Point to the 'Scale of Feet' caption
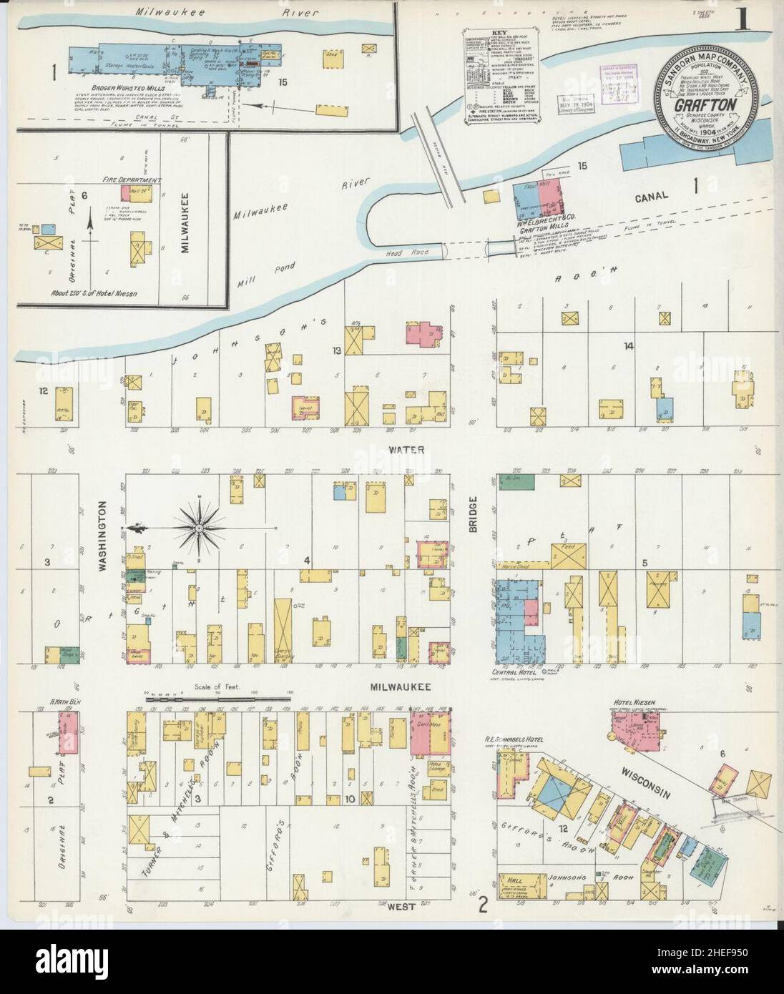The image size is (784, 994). click(x=217, y=686)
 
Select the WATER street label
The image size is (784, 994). click(x=407, y=450)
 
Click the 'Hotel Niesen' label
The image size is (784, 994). click(x=626, y=703)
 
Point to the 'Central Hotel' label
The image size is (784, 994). click(x=514, y=672)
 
